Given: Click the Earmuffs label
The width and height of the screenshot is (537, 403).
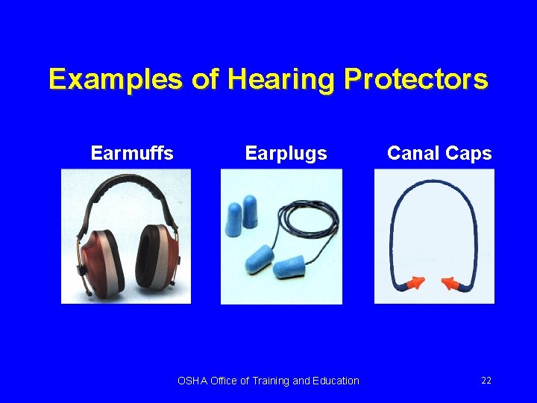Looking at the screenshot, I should [132, 154].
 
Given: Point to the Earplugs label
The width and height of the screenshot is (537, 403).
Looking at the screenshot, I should [286, 154].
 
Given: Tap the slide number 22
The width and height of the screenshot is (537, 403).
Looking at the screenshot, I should [486, 381].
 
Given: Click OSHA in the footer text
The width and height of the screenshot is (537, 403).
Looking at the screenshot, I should [192, 381].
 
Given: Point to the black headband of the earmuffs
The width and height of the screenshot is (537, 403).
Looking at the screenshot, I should [126, 182].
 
